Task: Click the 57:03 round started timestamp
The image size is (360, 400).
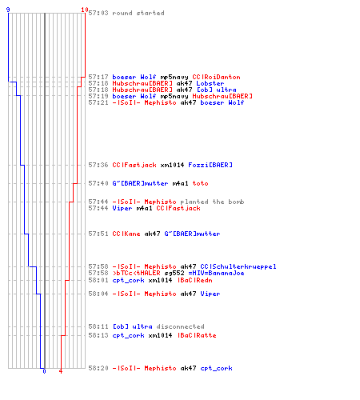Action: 98,13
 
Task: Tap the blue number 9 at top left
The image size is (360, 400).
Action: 8,10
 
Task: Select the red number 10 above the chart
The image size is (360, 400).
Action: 85,10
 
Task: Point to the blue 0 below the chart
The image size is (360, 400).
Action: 44,371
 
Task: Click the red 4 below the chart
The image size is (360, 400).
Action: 61,371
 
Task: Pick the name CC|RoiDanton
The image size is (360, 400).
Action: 216,77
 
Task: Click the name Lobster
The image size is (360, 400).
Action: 210,83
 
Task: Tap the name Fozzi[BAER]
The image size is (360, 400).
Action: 210,165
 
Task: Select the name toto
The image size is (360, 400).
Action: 200,183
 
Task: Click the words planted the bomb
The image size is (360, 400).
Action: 212,202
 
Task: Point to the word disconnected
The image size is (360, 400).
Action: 180,326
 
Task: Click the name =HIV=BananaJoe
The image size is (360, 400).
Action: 216,273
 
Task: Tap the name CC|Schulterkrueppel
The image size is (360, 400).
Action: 238,266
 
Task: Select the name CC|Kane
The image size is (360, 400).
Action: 126,234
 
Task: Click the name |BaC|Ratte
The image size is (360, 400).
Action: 197,335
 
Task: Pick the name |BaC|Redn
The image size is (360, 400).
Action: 195,280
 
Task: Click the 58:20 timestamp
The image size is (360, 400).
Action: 98,368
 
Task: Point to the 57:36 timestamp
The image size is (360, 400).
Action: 98,165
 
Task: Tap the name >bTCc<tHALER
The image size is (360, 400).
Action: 136,273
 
